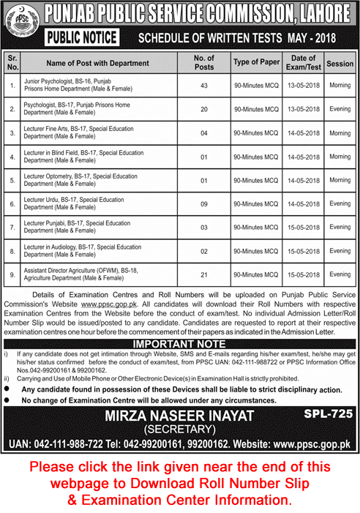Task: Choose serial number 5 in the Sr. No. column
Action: click(12, 180)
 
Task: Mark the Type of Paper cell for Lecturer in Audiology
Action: click(256, 250)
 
